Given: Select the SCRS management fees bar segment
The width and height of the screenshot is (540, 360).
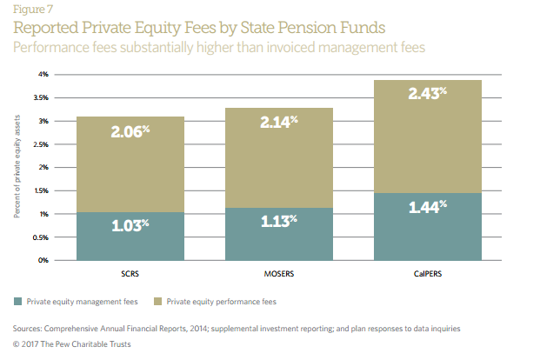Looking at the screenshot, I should [x=130, y=237].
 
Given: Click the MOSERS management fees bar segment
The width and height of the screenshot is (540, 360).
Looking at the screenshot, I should [x=279, y=234].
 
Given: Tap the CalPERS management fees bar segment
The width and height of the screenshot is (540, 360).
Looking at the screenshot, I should [x=427, y=226].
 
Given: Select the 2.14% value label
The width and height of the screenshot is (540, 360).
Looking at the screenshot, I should [x=279, y=123].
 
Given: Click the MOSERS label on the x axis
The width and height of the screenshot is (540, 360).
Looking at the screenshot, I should [x=279, y=273].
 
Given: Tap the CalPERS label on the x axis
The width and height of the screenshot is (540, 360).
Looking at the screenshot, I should [x=427, y=273].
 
